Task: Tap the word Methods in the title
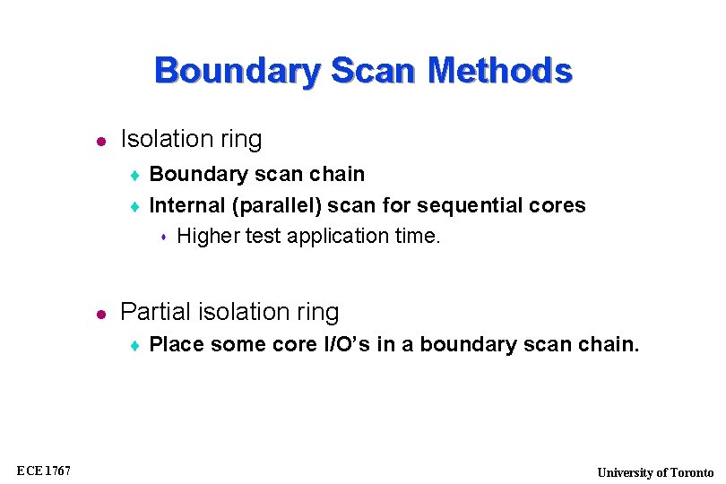coord(500,70)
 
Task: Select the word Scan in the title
coord(374,70)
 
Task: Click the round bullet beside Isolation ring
coord(102,141)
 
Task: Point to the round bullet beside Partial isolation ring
coord(102,314)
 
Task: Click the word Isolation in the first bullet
coord(167,139)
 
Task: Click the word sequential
coord(452,205)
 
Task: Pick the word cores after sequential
coord(556,205)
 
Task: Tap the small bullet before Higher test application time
coord(163,238)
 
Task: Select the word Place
coord(176,344)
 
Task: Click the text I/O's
coord(352,344)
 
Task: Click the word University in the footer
coord(624,472)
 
